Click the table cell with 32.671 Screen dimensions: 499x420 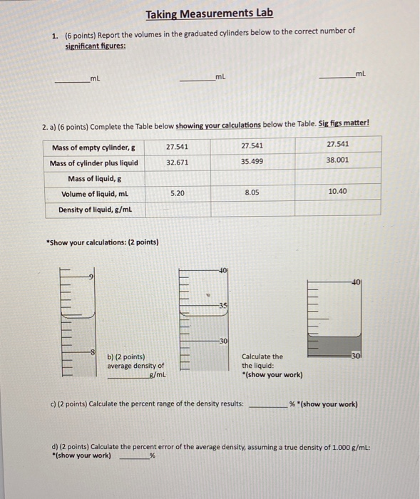pos(177,162)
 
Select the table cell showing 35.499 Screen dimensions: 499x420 pos(252,162)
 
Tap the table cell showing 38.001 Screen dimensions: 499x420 pos(338,160)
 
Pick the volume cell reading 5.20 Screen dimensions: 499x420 pos(177,193)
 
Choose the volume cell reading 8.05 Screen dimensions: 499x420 pos(252,192)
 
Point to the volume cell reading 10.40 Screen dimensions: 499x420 pos(338,192)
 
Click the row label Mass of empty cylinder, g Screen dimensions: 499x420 pos(94,147)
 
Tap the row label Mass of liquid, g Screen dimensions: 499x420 pos(94,178)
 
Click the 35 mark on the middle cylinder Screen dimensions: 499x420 pos(223,305)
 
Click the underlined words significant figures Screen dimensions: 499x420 pos(96,46)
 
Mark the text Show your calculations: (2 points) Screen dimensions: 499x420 pos(102,242)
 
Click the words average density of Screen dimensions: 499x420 pos(135,366)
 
